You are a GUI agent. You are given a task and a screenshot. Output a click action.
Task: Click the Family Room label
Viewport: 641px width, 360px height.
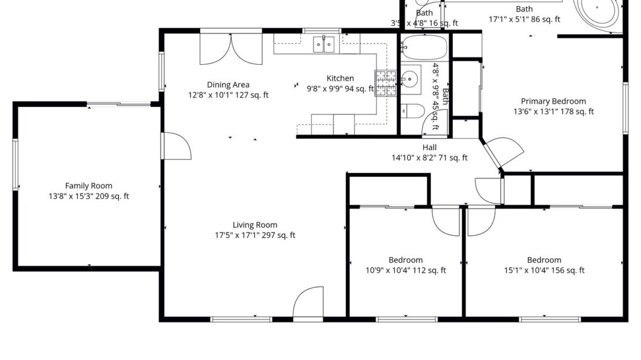(88, 185)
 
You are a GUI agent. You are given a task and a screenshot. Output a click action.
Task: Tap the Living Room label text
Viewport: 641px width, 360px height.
(255, 225)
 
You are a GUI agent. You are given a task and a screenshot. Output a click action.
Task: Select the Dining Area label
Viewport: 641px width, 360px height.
(228, 85)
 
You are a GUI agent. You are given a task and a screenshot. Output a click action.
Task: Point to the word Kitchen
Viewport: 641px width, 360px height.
(340, 79)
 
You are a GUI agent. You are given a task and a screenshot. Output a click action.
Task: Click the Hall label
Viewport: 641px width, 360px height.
(429, 147)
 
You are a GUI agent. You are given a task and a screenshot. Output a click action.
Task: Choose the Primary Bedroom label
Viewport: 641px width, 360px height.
(553, 101)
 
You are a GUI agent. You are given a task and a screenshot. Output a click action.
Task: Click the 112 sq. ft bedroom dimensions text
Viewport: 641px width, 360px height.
(405, 270)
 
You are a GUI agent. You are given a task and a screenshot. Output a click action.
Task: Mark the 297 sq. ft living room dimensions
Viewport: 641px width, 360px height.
(255, 235)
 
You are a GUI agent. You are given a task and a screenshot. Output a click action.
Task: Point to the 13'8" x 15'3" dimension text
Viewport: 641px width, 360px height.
(88, 196)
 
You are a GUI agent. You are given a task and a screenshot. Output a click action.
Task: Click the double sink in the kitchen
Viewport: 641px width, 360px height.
(323, 44)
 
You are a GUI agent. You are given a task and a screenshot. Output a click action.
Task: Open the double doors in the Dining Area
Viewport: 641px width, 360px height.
(230, 50)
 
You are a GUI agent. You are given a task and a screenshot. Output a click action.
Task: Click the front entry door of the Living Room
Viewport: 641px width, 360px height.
(308, 303)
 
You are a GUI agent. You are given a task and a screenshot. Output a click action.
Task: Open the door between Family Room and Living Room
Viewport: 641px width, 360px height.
(177, 146)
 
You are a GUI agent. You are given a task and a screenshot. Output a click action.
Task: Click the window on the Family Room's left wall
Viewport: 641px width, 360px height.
(16, 164)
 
